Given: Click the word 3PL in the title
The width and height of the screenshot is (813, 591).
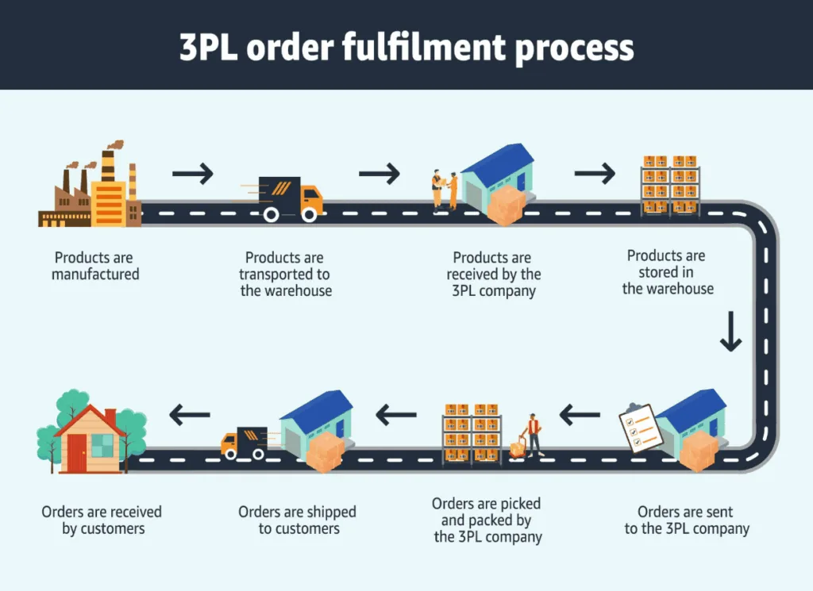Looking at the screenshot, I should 208,47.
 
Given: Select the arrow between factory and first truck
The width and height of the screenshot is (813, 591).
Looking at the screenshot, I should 193,173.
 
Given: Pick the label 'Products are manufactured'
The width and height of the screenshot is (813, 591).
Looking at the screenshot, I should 95,266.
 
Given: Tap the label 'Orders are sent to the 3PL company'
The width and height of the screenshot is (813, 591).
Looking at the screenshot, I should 686,520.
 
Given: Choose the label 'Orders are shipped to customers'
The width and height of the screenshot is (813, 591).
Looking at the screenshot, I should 298,520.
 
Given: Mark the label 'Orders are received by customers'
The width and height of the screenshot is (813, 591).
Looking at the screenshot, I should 102,520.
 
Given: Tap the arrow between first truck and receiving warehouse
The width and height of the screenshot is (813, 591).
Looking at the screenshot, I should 379,173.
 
